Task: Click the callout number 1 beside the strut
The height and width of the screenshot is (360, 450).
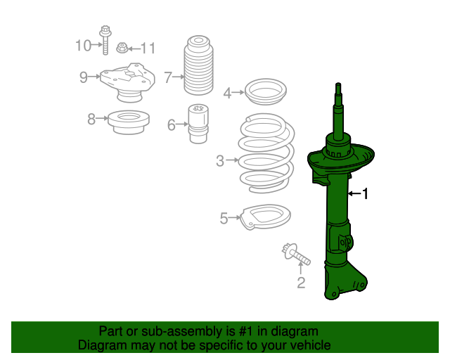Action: pyautogui.click(x=365, y=193)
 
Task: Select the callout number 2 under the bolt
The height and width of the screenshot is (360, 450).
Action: pyautogui.click(x=301, y=283)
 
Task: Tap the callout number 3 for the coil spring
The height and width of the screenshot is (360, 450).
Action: pyautogui.click(x=219, y=161)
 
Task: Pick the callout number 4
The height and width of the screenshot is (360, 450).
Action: pyautogui.click(x=227, y=93)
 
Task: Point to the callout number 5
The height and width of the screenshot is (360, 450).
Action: pyautogui.click(x=224, y=219)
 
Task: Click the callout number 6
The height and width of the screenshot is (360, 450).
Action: pyautogui.click(x=172, y=125)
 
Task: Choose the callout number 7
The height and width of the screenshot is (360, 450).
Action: pyautogui.click(x=168, y=77)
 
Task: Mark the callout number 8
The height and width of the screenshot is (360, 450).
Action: pyautogui.click(x=91, y=120)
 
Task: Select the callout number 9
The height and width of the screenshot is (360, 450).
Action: pyautogui.click(x=83, y=77)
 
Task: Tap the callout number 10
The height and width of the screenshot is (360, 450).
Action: pyautogui.click(x=83, y=46)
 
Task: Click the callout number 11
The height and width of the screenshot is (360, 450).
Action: pyautogui.click(x=147, y=49)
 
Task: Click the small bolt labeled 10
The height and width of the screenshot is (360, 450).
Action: pyautogui.click(x=105, y=41)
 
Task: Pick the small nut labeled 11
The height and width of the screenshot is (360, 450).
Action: pyautogui.click(x=122, y=48)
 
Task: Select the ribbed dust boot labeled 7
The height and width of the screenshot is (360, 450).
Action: pyautogui.click(x=198, y=67)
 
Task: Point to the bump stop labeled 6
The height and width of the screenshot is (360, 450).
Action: pyautogui.click(x=197, y=123)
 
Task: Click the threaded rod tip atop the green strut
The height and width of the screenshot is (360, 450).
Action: pyautogui.click(x=338, y=89)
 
